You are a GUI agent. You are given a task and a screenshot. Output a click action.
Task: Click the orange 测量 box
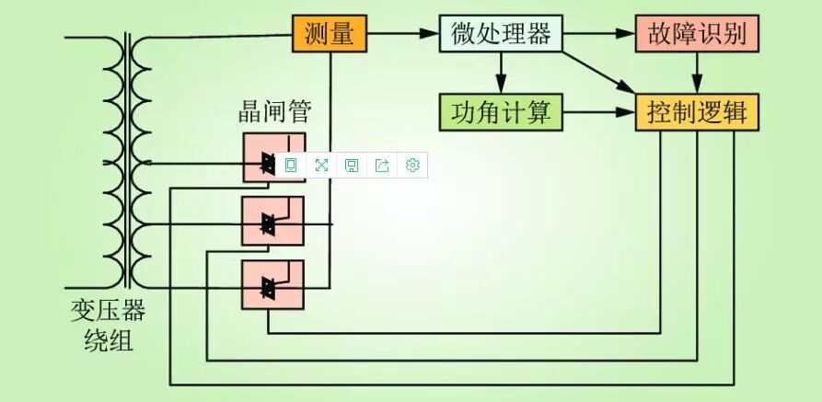click(x=330, y=34)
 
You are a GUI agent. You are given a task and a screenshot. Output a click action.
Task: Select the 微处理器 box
click(x=500, y=34)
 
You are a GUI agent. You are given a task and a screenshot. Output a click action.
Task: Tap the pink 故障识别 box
click(x=697, y=34)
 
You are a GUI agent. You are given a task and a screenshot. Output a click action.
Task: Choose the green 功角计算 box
click(x=500, y=113)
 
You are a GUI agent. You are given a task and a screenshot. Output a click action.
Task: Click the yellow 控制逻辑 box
click(x=697, y=113)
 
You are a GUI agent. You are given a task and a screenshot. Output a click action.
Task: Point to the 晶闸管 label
click(x=274, y=113)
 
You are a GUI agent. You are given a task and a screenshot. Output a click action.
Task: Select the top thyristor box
click(x=272, y=157)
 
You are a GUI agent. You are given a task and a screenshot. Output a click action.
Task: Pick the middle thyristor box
click(x=272, y=221)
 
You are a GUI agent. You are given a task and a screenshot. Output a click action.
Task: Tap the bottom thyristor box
click(x=272, y=284)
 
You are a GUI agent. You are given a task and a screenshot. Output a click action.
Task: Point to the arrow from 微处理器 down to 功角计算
click(x=500, y=74)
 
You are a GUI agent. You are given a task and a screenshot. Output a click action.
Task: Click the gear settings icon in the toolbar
click(x=412, y=166)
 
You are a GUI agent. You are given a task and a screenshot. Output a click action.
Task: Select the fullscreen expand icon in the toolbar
click(x=321, y=166)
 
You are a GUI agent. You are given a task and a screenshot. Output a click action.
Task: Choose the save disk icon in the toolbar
click(x=352, y=166)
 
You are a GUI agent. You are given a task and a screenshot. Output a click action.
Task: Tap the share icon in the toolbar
click(x=382, y=166)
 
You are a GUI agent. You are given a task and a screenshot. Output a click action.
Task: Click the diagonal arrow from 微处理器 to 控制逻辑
click(x=598, y=72)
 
